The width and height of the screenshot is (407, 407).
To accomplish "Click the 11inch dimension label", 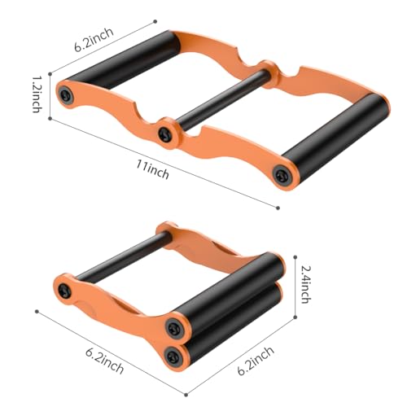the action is click(152, 169).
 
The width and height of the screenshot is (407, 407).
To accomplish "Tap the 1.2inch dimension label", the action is click(37, 94).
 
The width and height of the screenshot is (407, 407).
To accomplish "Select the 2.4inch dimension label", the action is click(306, 284).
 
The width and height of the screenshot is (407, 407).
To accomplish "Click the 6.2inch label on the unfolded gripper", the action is click(94, 39).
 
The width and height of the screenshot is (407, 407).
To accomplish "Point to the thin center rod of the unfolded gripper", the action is click(221, 99).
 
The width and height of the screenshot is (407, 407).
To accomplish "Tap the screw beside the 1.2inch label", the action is click(66, 95).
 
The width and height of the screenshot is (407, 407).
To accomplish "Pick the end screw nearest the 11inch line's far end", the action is click(282, 174).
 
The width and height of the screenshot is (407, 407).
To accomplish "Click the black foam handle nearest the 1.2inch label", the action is click(123, 59).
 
